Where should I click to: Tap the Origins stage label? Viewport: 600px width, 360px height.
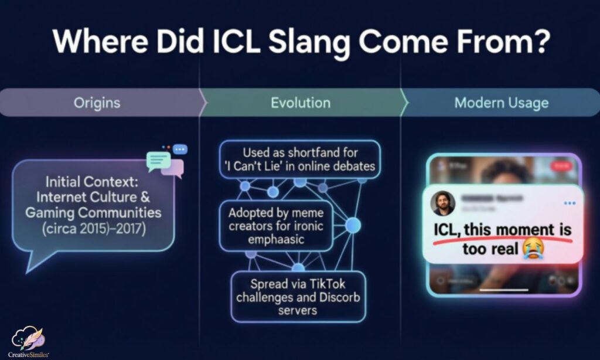click(x=97, y=103)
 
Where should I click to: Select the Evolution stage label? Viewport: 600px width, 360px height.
click(x=300, y=103)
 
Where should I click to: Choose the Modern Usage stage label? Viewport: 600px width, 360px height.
click(x=501, y=103)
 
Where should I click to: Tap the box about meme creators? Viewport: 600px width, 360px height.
click(x=275, y=226)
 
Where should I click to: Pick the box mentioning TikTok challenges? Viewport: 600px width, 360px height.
click(x=298, y=296)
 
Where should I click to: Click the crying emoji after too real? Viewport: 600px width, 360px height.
click(x=533, y=249)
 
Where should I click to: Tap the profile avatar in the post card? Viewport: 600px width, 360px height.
click(x=443, y=203)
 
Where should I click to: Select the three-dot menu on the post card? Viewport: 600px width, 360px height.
click(x=570, y=203)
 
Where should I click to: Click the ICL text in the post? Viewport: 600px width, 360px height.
click(x=447, y=229)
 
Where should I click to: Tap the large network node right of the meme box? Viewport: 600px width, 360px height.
click(x=353, y=225)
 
